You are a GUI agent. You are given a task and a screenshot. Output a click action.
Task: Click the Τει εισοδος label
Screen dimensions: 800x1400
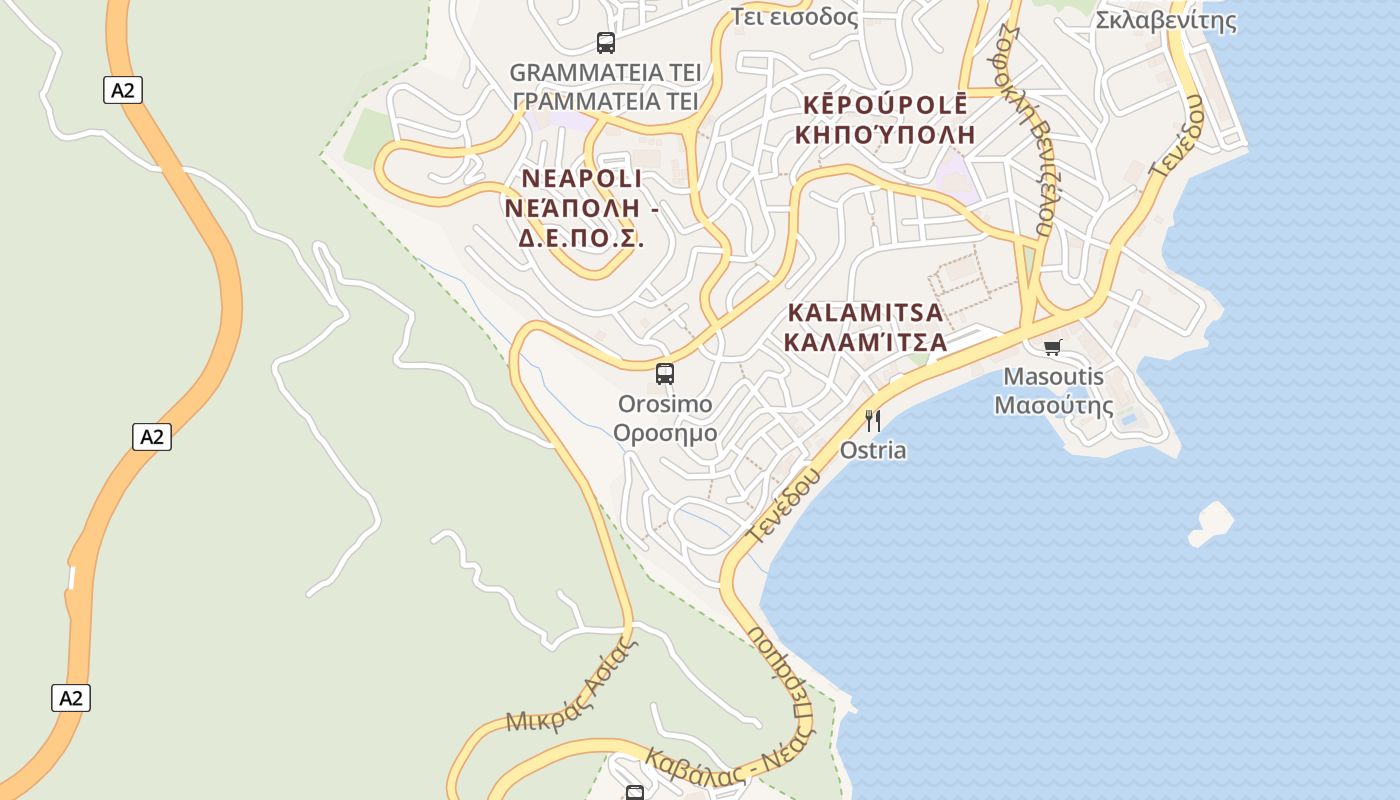(794, 16)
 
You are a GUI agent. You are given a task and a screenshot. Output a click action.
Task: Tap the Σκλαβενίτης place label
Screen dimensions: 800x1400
(1166, 20)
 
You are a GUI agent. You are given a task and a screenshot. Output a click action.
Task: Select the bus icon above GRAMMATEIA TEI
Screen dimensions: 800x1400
(606, 43)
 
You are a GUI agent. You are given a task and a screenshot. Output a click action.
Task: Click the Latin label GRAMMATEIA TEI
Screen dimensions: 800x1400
(605, 72)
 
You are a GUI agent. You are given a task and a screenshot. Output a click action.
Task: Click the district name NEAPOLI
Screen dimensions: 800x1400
(582, 178)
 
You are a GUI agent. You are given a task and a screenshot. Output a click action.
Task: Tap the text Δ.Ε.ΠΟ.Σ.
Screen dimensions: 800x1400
(580, 238)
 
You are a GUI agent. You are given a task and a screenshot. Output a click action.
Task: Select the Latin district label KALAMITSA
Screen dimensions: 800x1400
(865, 312)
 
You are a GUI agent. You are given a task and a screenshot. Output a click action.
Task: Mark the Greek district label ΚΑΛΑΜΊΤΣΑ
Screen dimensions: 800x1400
(865, 342)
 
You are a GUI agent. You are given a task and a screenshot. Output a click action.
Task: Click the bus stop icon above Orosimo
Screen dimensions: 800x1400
(665, 374)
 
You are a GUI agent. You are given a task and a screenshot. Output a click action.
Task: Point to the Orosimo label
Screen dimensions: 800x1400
(665, 404)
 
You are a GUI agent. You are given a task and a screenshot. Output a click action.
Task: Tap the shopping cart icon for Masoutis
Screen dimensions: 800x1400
(1052, 347)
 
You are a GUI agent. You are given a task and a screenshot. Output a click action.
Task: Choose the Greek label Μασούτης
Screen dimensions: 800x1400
(1054, 406)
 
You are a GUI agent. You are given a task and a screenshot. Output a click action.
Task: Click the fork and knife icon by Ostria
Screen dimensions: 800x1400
(873, 420)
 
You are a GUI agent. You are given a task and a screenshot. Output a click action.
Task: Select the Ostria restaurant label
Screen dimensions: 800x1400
(873, 450)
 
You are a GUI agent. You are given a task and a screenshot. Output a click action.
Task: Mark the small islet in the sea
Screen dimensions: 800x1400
(1212, 523)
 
